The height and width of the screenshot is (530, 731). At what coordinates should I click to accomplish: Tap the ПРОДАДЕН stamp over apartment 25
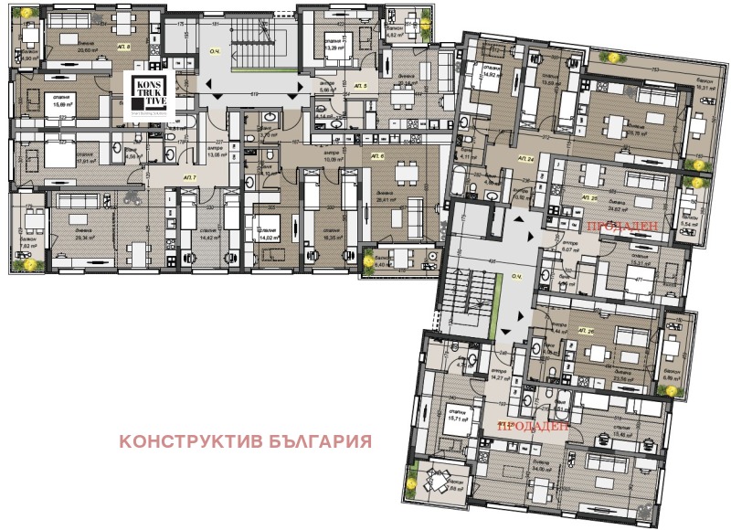tap(619, 226)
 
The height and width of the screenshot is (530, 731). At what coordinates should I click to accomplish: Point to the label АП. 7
tap(189, 175)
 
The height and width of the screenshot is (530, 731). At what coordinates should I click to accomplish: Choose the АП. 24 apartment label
tap(524, 159)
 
